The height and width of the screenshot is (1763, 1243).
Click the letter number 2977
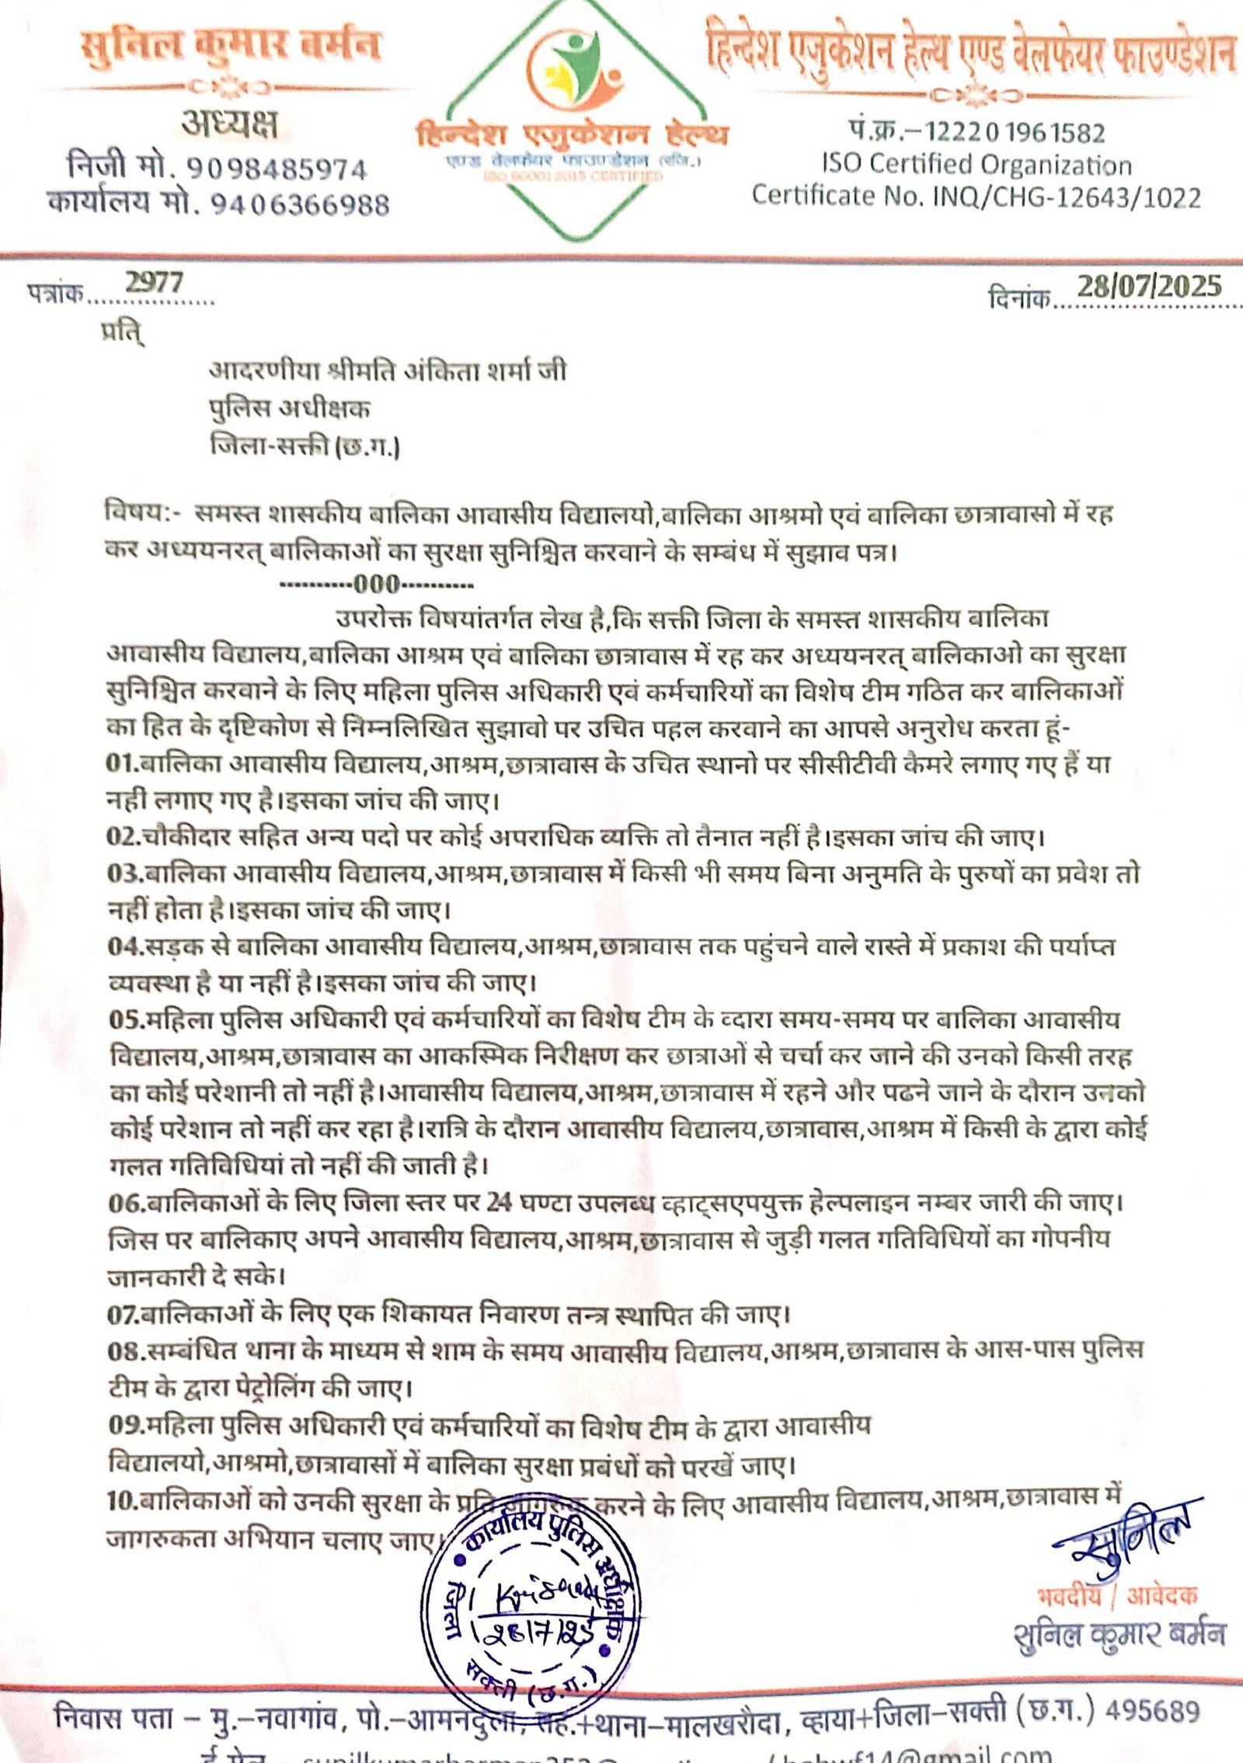tap(155, 283)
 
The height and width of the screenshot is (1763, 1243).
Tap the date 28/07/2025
tap(1149, 287)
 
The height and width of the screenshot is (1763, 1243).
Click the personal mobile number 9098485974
tap(276, 169)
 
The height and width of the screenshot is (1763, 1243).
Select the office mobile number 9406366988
tap(300, 204)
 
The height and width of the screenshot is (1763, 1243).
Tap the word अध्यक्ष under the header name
tap(229, 124)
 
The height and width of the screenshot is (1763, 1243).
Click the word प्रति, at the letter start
tap(122, 332)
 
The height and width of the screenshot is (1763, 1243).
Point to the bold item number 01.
tap(121, 763)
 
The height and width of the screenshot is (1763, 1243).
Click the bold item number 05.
tap(125, 1019)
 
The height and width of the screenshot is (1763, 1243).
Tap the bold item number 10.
tap(121, 1502)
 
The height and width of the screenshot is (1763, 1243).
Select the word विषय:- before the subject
tap(145, 514)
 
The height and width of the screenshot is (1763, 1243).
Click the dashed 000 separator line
tap(376, 584)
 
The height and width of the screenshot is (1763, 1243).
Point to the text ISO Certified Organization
tap(977, 164)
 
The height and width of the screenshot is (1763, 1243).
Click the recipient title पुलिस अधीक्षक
tap(290, 409)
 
